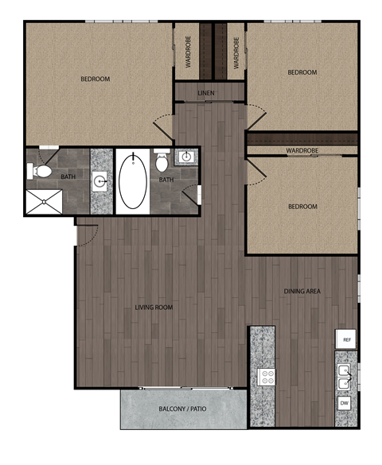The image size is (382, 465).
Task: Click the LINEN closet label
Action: point(206,94)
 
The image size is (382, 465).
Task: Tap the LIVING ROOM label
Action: point(155,307)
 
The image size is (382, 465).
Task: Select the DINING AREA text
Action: point(302,292)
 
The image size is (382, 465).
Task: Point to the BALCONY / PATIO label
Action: point(183,409)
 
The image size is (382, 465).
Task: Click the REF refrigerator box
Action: point(346,339)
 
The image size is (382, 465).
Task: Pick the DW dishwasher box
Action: point(345,403)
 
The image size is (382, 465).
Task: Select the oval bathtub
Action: point(132,180)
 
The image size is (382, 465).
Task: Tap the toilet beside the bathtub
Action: point(162,162)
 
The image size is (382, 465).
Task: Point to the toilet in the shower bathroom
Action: point(41,170)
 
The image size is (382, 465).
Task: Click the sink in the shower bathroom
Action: point(101,181)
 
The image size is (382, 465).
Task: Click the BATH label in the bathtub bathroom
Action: point(166,180)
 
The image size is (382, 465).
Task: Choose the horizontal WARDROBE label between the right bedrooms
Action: point(302,150)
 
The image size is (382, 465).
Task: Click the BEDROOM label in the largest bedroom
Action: point(95,79)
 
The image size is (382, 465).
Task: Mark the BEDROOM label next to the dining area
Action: point(302,207)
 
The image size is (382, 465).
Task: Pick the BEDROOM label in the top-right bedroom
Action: point(302,72)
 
